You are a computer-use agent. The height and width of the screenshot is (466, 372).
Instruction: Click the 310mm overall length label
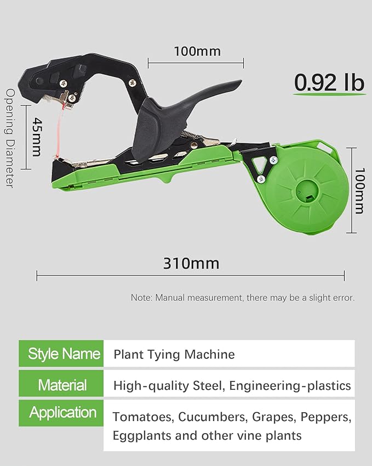click(x=191, y=263)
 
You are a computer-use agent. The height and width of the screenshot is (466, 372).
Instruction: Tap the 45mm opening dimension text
click(x=37, y=137)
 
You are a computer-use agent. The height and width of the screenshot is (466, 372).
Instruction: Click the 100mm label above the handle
click(x=197, y=52)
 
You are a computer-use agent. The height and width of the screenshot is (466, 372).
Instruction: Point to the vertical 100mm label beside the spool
click(x=359, y=191)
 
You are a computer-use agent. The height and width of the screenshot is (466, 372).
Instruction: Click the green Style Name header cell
click(x=61, y=353)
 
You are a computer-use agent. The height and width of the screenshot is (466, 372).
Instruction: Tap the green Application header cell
click(x=61, y=413)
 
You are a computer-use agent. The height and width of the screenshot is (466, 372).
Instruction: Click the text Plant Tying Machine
click(x=174, y=354)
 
